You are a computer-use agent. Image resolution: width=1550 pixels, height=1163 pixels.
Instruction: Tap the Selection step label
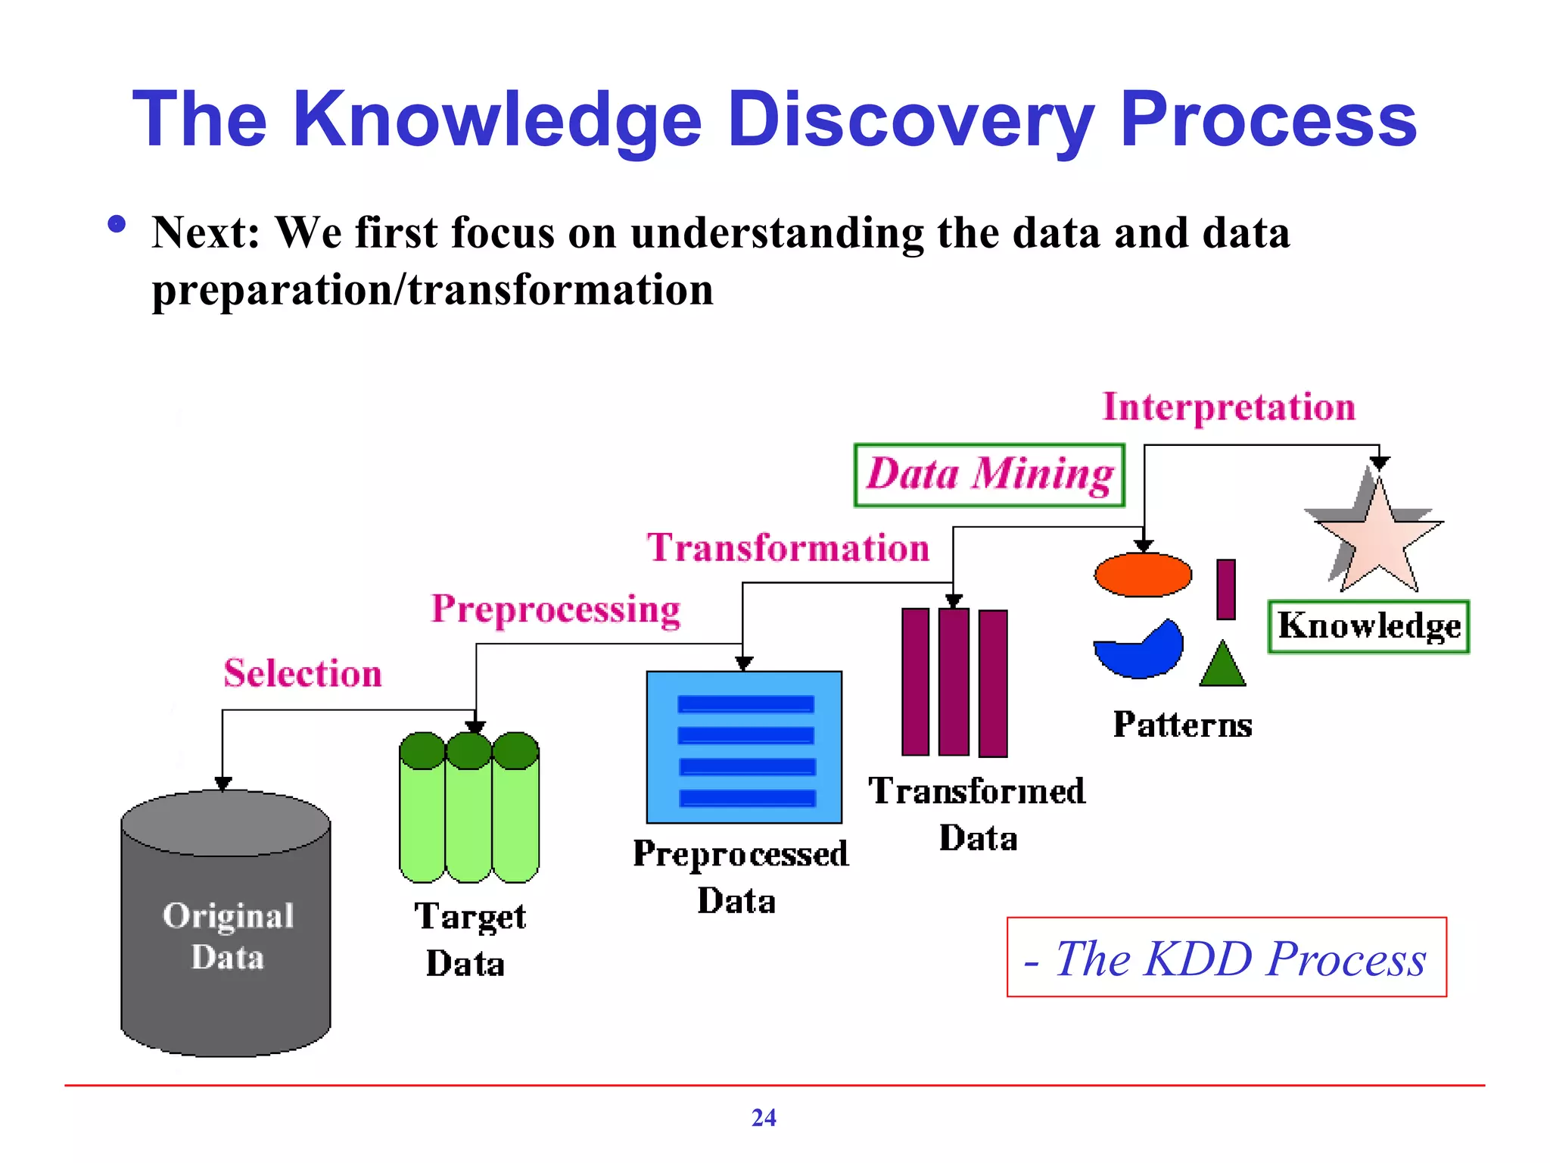[303, 673]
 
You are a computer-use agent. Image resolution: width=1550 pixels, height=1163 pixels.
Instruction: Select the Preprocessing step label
[556, 609]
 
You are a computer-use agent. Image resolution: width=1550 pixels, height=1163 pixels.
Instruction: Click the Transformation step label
[788, 547]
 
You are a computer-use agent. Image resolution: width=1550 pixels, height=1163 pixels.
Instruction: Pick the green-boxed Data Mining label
[989, 475]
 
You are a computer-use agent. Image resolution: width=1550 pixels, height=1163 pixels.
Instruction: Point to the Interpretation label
[1228, 407]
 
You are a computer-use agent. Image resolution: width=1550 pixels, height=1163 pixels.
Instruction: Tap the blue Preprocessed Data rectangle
[744, 747]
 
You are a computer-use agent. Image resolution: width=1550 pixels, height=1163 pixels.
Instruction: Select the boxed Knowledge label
[1368, 626]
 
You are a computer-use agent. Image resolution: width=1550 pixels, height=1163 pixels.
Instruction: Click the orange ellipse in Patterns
[1143, 575]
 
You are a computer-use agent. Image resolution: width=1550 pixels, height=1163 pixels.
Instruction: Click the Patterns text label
[1182, 725]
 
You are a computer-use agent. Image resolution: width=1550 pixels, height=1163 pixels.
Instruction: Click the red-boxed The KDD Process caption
[1226, 958]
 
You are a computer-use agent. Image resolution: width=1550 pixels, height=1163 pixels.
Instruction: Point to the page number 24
[764, 1118]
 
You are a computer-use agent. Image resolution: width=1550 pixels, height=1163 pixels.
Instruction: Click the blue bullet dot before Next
[117, 224]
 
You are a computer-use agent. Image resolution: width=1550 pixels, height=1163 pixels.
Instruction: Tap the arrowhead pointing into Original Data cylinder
[223, 784]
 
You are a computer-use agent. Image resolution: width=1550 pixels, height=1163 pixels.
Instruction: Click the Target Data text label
[469, 939]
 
